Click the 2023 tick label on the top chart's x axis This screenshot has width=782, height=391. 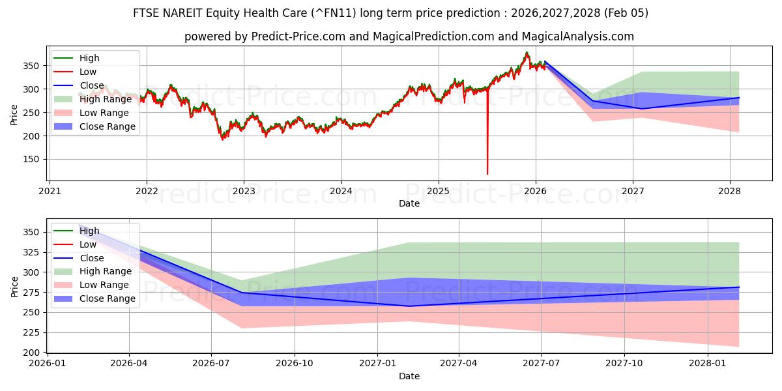pyautogui.click(x=244, y=192)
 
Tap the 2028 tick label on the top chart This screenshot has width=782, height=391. pyautogui.click(x=730, y=192)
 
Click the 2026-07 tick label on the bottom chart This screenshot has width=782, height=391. pyautogui.click(x=212, y=364)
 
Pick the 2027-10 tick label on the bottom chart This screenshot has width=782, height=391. pyautogui.click(x=624, y=364)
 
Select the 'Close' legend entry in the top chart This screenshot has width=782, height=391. pyautogui.click(x=92, y=85)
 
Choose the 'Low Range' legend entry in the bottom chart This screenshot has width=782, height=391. pyautogui.click(x=104, y=285)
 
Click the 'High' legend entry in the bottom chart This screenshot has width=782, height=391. pyautogui.click(x=89, y=231)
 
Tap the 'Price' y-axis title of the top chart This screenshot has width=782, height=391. pyautogui.click(x=14, y=114)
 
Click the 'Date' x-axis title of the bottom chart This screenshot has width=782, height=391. pyautogui.click(x=409, y=376)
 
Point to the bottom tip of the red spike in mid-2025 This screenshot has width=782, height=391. pyautogui.click(x=487, y=174)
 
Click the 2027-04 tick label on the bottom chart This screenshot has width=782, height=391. pyautogui.click(x=459, y=364)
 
